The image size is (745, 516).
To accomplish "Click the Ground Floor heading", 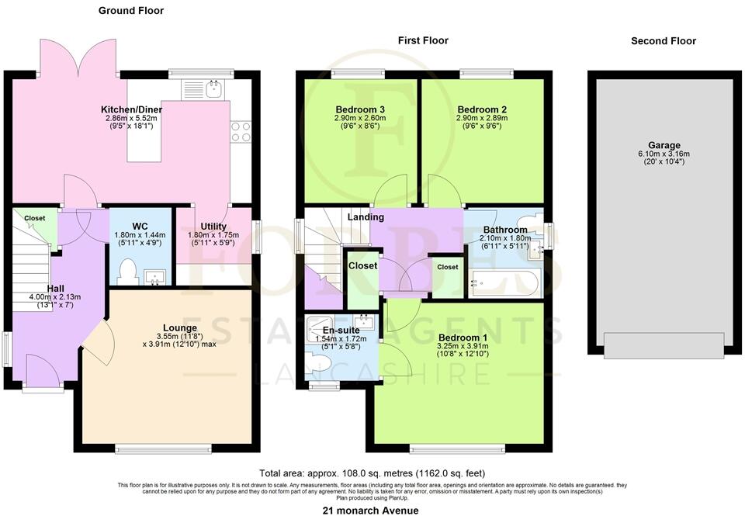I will (131, 11).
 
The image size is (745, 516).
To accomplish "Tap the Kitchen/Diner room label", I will (131, 109).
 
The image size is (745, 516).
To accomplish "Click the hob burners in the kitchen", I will (241, 131).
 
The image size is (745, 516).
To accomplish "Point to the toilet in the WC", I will (130, 274).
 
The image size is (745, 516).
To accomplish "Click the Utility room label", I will (214, 226).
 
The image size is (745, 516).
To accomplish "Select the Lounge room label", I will (180, 328).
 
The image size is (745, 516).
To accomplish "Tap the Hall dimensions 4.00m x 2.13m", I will (55, 296).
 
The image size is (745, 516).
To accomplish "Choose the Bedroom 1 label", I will (463, 338).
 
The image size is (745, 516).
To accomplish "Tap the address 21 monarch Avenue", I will (371, 510).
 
